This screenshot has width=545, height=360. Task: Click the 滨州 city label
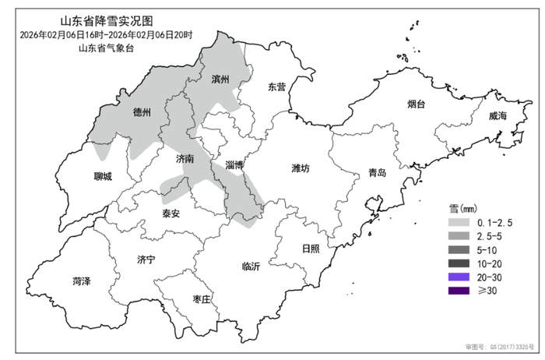[221, 79]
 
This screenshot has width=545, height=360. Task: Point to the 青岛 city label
[378, 172]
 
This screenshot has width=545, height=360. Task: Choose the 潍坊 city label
[301, 168]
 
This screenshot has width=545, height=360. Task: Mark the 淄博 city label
[234, 165]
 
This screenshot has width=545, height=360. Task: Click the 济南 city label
[185, 158]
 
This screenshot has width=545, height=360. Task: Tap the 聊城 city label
[102, 176]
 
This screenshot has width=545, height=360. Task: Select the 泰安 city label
[171, 213]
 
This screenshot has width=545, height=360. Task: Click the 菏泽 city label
[81, 281]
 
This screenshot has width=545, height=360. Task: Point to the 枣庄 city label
[201, 299]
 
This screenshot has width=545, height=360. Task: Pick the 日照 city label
[310, 249]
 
